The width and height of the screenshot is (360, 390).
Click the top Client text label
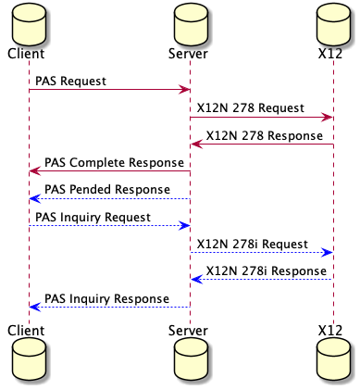coord(26,54)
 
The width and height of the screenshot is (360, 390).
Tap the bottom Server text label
coord(190,331)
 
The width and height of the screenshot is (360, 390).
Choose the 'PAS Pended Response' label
coord(106,190)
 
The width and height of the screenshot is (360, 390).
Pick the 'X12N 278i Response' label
coord(258,271)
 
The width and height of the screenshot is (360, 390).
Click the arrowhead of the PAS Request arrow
coord(185,89)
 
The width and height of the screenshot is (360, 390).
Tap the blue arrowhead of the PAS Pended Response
coord(34,198)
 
